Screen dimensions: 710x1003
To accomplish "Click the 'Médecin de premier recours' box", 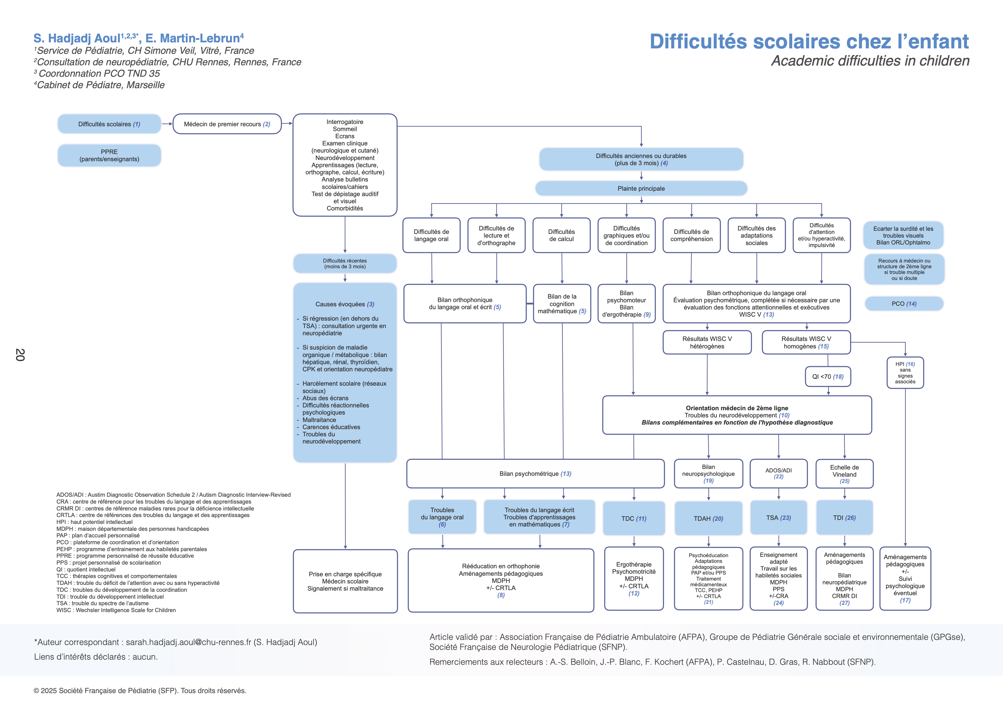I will click(227, 124).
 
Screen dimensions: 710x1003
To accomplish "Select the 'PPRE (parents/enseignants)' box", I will click(109, 156).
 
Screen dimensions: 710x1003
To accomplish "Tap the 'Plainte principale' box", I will click(641, 188).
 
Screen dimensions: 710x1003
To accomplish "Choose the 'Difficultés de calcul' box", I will click(561, 235).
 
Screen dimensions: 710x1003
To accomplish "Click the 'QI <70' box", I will click(828, 376).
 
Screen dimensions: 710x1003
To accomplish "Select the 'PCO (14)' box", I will click(904, 303).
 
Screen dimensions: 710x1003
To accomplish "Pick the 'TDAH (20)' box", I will click(708, 518).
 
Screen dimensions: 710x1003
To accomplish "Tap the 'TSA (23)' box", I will click(778, 518).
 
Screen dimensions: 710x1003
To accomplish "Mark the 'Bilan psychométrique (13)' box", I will click(535, 474).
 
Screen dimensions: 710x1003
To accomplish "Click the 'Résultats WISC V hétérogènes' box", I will click(707, 342).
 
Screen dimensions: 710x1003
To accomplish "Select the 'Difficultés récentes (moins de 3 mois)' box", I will click(345, 264).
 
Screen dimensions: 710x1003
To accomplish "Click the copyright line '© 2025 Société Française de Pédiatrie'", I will click(140, 691).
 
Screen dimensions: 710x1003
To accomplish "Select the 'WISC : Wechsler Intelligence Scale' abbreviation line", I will click(116, 610).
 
